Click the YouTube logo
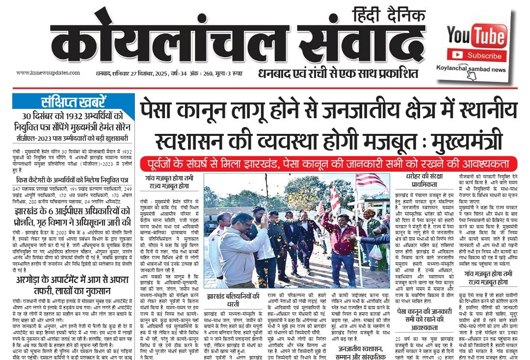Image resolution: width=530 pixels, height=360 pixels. click(x=476, y=36)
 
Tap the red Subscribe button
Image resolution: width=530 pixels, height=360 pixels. click(x=483, y=55)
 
